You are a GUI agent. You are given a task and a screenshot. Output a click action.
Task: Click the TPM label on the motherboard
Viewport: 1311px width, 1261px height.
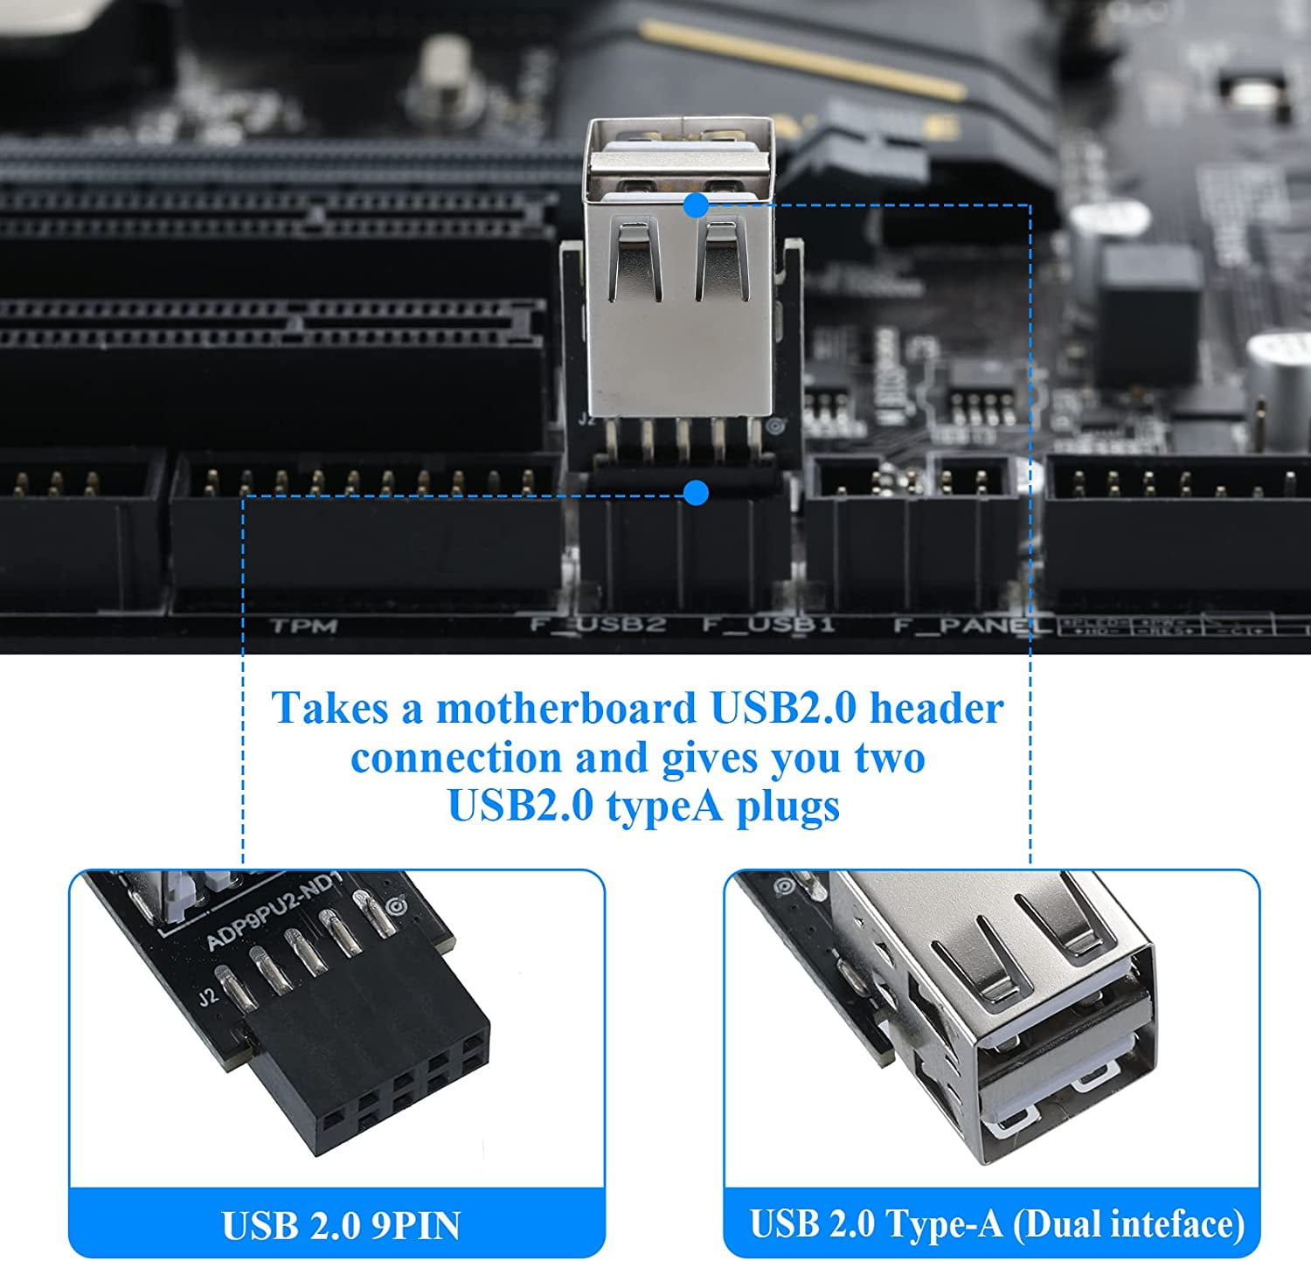303,626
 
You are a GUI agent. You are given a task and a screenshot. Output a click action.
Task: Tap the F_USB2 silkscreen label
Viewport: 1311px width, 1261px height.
599,625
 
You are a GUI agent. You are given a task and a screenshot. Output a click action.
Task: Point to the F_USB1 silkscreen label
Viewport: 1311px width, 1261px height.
768,625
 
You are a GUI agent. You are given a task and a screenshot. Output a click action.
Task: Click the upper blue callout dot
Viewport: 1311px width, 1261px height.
696,205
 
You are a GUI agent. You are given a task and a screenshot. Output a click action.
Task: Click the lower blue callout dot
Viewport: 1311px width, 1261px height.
696,493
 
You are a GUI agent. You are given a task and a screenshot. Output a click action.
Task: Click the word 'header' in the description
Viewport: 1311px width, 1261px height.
936,708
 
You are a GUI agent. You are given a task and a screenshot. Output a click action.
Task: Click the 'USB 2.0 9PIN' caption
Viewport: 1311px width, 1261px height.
341,1225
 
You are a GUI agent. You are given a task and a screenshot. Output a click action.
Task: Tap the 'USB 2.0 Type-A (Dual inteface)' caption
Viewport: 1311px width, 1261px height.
996,1223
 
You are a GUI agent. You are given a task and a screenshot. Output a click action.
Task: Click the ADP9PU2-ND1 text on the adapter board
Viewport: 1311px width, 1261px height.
273,911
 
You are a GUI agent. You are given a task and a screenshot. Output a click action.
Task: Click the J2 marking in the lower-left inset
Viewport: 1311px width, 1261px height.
206,997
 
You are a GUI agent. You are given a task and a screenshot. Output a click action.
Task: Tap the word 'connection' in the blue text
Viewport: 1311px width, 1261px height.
455,758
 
